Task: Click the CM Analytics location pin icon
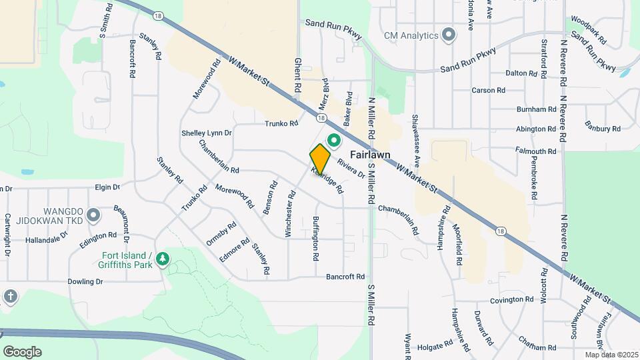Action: [x=449, y=35]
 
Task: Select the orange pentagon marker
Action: [x=320, y=159]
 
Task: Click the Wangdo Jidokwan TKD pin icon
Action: [x=93, y=215]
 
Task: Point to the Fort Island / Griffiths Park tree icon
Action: [x=161, y=258]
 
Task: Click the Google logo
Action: [x=22, y=351]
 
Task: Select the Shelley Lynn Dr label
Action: [x=207, y=133]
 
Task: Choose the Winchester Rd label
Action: [x=291, y=214]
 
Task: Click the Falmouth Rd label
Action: [x=536, y=152]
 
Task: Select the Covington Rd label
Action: [x=512, y=300]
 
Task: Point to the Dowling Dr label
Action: [x=85, y=282]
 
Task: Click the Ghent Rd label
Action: [x=297, y=75]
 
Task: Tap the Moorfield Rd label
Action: [x=457, y=245]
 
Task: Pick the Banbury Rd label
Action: [x=603, y=125]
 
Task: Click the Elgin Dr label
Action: [x=107, y=188]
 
